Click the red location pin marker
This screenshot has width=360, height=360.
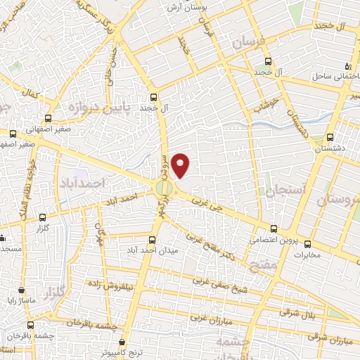(x=181, y=165)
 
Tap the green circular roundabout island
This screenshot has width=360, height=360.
(x=164, y=188)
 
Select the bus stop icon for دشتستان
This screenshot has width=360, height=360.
(x=331, y=138)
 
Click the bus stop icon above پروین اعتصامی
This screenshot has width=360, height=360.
(x=274, y=229)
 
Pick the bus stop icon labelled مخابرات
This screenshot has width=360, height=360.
(x=308, y=244)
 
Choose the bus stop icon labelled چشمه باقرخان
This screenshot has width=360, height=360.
(x=30, y=325)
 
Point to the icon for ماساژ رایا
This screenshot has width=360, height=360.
(x=22, y=290)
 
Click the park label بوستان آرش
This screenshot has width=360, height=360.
(x=184, y=7)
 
